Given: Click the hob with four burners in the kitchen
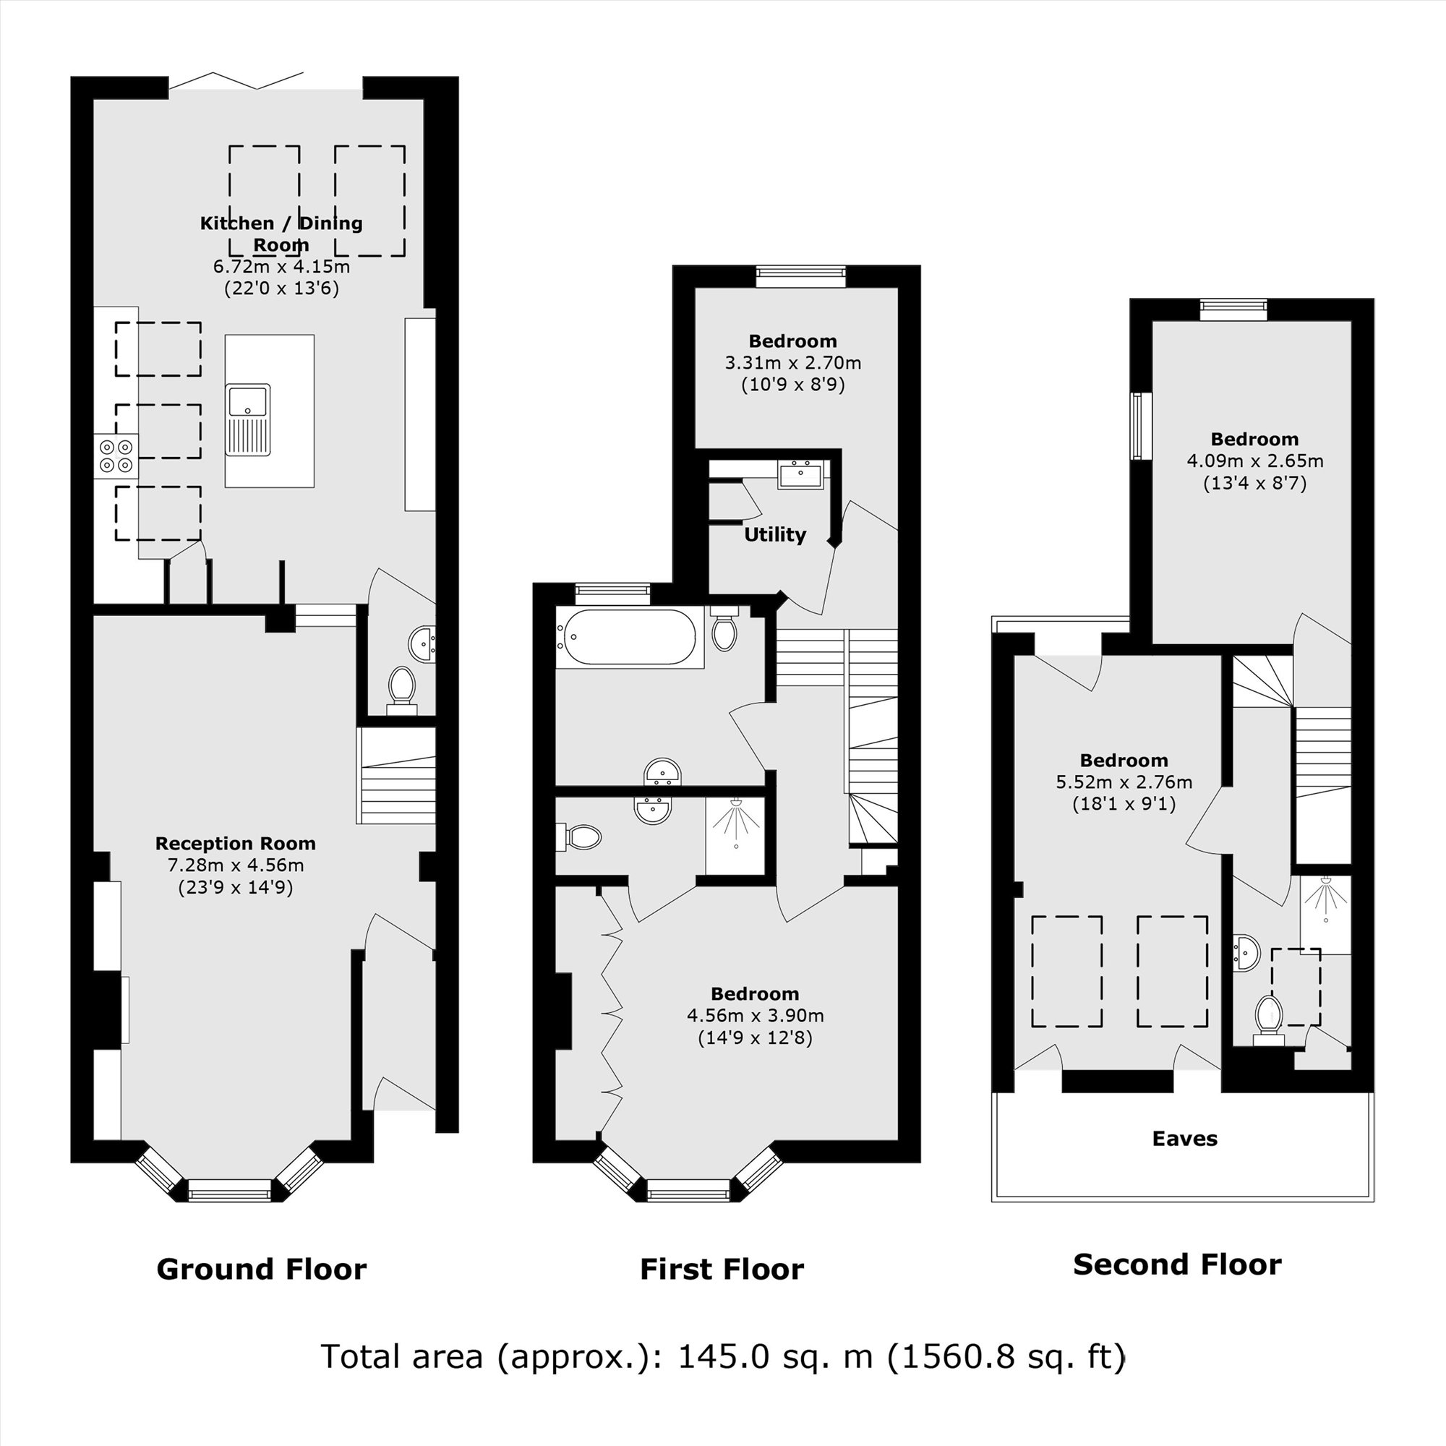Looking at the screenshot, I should pyautogui.click(x=116, y=455).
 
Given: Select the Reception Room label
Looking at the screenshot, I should pyautogui.click(x=235, y=844).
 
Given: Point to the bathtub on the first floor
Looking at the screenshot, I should pyautogui.click(x=630, y=638).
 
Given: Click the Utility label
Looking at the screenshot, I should pyautogui.click(x=774, y=534).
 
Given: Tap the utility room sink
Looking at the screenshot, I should pyautogui.click(x=800, y=474).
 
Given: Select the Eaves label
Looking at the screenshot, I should pyautogui.click(x=1185, y=1139).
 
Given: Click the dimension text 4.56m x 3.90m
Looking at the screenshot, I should pyautogui.click(x=756, y=1016).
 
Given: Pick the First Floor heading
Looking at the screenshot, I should pyautogui.click(x=722, y=1270).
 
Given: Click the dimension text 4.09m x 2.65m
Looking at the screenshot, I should pyautogui.click(x=1254, y=461).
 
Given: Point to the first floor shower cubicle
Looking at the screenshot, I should pyautogui.click(x=735, y=835).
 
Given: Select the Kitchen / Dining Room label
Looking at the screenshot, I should pyautogui.click(x=281, y=234).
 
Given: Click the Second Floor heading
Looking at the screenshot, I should pyautogui.click(x=1176, y=1265).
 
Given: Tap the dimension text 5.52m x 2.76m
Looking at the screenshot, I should pyautogui.click(x=1124, y=782).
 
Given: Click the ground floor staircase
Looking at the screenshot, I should pyautogui.click(x=397, y=775).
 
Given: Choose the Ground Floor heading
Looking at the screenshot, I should pyautogui.click(x=261, y=1270).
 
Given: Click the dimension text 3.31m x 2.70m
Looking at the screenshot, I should pyautogui.click(x=792, y=363).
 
